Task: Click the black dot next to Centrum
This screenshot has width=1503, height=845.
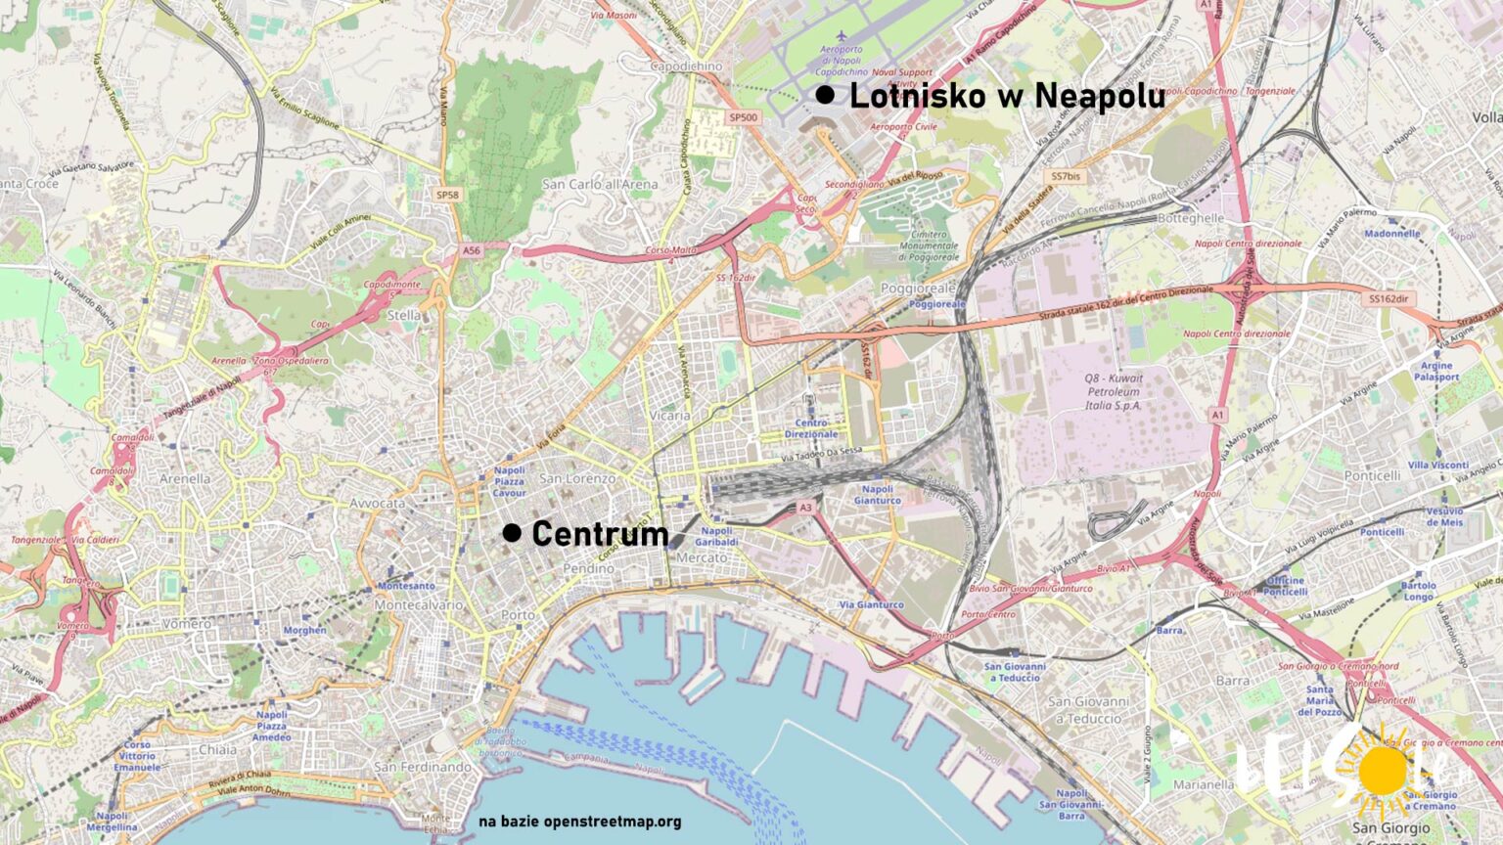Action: [512, 533]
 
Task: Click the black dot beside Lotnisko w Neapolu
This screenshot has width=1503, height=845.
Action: [825, 95]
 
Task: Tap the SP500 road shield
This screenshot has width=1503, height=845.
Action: [743, 117]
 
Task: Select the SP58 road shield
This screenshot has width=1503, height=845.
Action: [447, 195]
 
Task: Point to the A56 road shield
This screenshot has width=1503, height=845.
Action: [472, 250]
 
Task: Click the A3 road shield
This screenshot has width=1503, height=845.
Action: [805, 508]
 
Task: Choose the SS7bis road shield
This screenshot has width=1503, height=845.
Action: [1066, 177]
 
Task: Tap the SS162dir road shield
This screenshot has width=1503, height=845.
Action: [1389, 298]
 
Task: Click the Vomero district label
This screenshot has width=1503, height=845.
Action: [186, 623]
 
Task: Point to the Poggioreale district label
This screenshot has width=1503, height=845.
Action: [917, 289]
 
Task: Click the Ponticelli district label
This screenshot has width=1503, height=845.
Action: [1372, 475]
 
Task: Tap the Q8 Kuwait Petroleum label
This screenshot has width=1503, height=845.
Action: [1113, 391]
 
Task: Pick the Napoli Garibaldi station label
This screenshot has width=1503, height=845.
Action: [716, 536]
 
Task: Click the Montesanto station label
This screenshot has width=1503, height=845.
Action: [406, 586]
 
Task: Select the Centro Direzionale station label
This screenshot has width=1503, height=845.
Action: [811, 428]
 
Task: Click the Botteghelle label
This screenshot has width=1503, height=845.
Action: [1190, 218]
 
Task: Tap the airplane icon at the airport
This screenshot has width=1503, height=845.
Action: [841, 37]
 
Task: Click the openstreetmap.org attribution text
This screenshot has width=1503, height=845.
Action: [580, 822]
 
